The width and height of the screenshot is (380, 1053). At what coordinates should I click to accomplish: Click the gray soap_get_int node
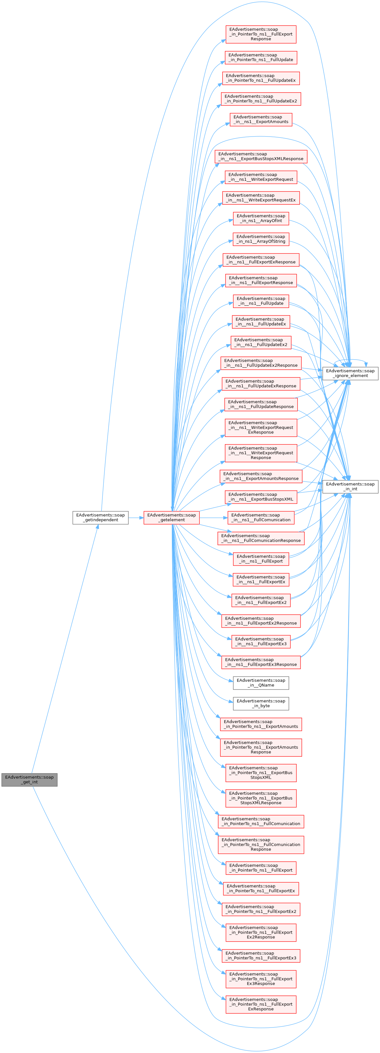(x=29, y=780)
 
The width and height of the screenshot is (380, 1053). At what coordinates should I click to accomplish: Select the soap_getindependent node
(x=100, y=517)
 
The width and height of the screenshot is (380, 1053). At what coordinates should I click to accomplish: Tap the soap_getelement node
(x=171, y=517)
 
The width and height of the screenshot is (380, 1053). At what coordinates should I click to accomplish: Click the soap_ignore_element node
(x=350, y=373)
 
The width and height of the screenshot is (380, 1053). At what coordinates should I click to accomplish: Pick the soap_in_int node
(x=350, y=486)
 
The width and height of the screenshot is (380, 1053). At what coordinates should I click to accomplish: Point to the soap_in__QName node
(x=261, y=683)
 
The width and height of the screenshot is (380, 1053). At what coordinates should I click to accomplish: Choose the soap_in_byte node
(x=261, y=703)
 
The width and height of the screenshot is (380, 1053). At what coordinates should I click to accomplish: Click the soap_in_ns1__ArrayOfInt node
(x=261, y=218)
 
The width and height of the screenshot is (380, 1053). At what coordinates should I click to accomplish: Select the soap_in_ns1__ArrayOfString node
(x=261, y=239)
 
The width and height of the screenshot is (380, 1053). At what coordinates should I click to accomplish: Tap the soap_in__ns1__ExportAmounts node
(x=261, y=119)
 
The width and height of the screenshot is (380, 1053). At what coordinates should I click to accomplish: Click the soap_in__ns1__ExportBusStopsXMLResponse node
(x=261, y=157)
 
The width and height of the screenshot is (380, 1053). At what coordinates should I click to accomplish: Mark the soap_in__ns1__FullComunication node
(x=261, y=517)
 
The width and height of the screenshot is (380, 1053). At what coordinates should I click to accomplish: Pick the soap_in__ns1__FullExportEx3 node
(x=261, y=641)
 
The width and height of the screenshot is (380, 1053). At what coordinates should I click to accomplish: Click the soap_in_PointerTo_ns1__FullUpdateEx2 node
(x=261, y=98)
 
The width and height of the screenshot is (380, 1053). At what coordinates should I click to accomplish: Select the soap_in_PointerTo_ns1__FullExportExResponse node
(x=261, y=1004)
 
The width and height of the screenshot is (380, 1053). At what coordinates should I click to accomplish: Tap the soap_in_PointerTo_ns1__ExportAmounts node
(x=261, y=724)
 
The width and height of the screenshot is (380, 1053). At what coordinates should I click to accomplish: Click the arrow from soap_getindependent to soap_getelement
(x=136, y=517)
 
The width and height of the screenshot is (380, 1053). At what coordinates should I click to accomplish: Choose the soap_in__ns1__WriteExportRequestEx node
(x=261, y=198)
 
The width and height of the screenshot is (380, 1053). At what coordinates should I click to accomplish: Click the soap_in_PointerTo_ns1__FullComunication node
(x=261, y=821)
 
